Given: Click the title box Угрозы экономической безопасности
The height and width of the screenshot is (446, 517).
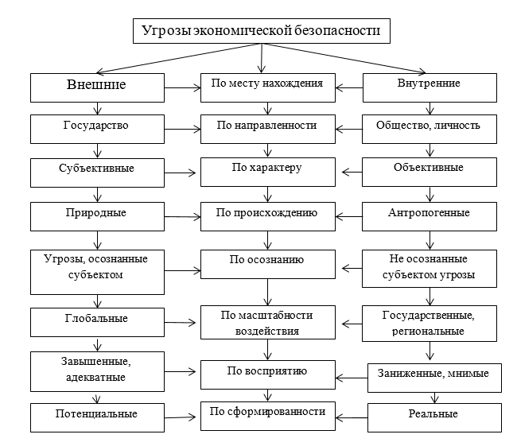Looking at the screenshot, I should [261, 32].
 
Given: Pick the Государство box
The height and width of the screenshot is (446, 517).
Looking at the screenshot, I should [96, 126].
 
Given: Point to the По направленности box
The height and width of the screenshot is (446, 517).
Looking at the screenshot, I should [266, 126].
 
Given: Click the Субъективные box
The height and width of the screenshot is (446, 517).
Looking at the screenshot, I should [96, 169].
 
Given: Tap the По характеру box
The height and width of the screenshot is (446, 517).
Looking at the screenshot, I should [266, 169].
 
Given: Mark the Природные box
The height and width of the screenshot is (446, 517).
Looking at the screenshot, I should [96, 213].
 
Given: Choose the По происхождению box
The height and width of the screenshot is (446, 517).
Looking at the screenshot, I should [266, 213].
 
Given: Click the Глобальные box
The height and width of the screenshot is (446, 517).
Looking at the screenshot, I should [96, 320].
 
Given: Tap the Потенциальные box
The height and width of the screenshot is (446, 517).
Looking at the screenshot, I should [96, 414].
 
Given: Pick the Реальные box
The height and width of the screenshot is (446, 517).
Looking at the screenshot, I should [434, 415].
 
